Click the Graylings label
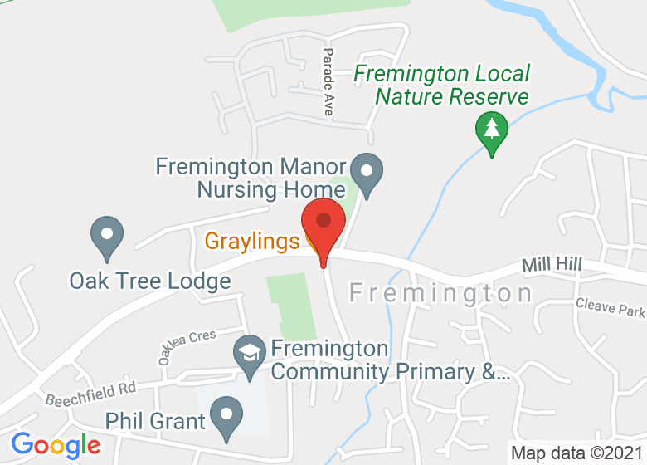[251, 242]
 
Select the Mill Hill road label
[552, 265]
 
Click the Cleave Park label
[610, 308]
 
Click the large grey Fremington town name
[440, 293]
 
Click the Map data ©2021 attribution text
[577, 453]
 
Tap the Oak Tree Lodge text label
[150, 281]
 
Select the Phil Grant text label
[155, 421]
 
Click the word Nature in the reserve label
[411, 97]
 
